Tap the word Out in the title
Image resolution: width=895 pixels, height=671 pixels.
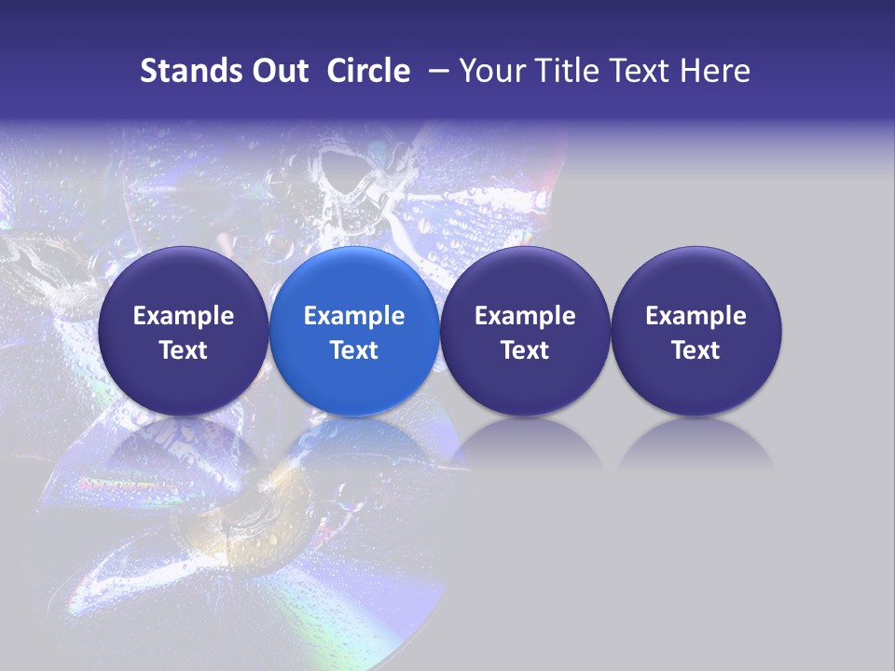(x=278, y=71)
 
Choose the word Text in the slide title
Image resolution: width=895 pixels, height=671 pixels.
(x=645, y=71)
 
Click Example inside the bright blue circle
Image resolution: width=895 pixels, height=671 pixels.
(x=354, y=316)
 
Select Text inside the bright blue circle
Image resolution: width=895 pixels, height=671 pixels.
(x=354, y=350)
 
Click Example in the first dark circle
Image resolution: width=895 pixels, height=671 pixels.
(x=184, y=316)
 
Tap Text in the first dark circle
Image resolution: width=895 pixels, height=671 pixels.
(x=184, y=350)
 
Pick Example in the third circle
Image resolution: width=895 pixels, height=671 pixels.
(x=525, y=316)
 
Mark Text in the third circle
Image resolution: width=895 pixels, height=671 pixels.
(x=525, y=350)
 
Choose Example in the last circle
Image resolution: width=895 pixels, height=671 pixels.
(x=695, y=316)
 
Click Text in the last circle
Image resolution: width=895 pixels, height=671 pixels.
(x=695, y=350)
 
